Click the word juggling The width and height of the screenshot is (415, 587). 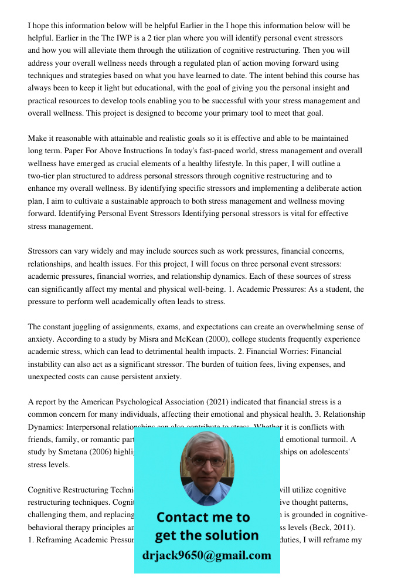pos(79,327)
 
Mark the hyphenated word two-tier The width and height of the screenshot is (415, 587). pos(44,176)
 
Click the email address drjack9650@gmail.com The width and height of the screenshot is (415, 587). pos(206,555)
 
